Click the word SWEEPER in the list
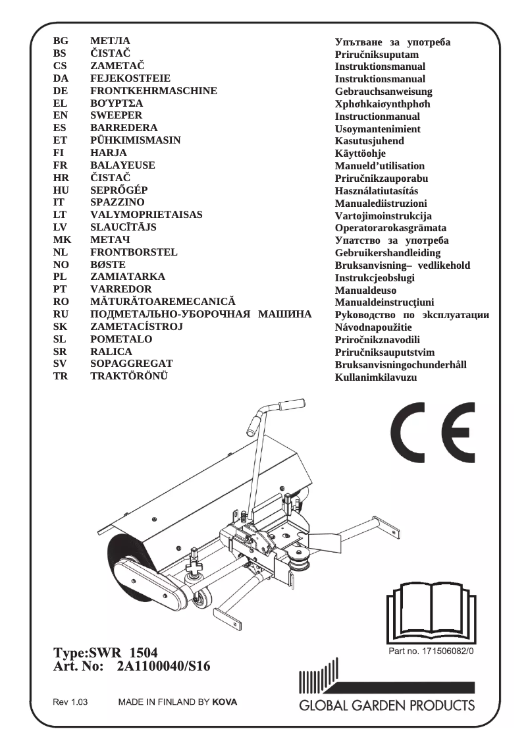click(x=116, y=115)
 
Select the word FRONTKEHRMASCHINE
click(x=153, y=90)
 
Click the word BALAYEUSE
click(x=122, y=165)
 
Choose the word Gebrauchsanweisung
click(x=384, y=92)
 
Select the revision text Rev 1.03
click(x=70, y=702)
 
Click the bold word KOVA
click(x=224, y=702)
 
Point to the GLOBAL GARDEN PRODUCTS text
click(x=387, y=705)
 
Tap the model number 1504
click(x=144, y=653)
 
